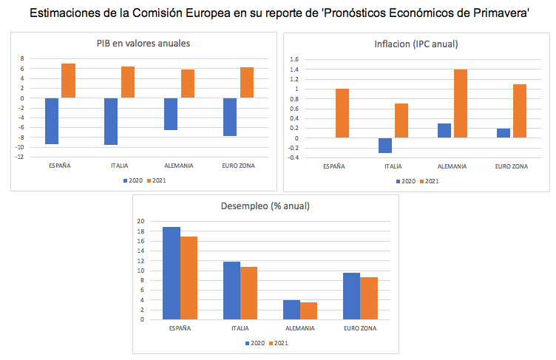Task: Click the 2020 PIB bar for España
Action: pos(52,120)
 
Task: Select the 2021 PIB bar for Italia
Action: pos(127,82)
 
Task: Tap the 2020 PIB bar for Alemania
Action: pos(171,114)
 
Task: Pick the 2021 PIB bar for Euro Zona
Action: pos(247,83)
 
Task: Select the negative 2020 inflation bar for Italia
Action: pos(384,145)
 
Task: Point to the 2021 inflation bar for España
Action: pos(342,113)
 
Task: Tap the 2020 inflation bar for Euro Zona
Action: pos(504,133)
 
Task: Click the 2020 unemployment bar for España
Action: pos(172,274)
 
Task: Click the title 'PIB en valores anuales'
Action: pos(143,44)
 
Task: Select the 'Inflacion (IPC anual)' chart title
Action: pos(416,44)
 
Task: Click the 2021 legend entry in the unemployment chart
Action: pos(278,343)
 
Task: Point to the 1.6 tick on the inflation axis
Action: pos(294,59)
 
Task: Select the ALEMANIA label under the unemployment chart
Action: pos(299,327)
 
